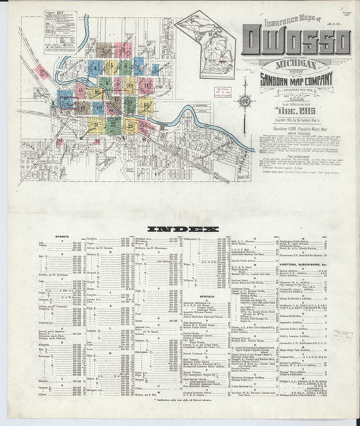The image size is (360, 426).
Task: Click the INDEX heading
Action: coord(180,229)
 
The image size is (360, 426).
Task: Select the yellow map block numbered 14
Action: coord(147,106)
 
